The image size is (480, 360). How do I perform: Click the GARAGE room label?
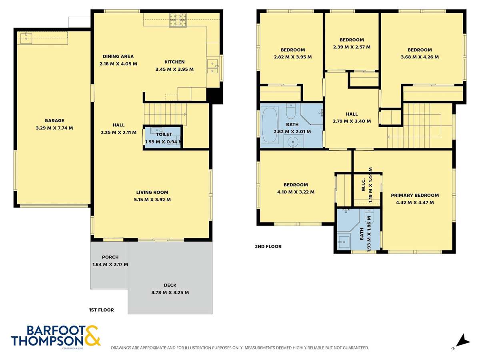click(x=54, y=120)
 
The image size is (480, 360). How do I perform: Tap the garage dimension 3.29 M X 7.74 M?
click(x=54, y=128)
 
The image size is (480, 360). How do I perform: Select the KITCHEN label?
click(x=174, y=62)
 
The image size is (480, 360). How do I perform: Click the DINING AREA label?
click(x=118, y=56)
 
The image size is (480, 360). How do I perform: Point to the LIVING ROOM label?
click(x=152, y=192)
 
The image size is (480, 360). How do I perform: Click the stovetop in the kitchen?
click(x=177, y=20)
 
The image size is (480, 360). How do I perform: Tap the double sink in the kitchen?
click(x=212, y=66)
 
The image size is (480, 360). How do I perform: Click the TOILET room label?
click(x=164, y=135)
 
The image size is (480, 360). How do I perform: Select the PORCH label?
click(x=110, y=257)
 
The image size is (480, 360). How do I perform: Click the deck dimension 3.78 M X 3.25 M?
click(x=170, y=292)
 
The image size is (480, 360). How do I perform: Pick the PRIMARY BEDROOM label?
click(x=415, y=196)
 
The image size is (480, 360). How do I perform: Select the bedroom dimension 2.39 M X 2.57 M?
click(x=352, y=47)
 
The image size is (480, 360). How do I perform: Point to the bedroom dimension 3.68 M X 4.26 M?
click(x=420, y=57)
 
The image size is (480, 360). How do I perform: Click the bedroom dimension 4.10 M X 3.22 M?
click(x=296, y=192)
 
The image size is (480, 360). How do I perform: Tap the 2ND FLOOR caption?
click(x=268, y=246)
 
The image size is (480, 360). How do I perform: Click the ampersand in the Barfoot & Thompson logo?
click(x=92, y=336)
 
